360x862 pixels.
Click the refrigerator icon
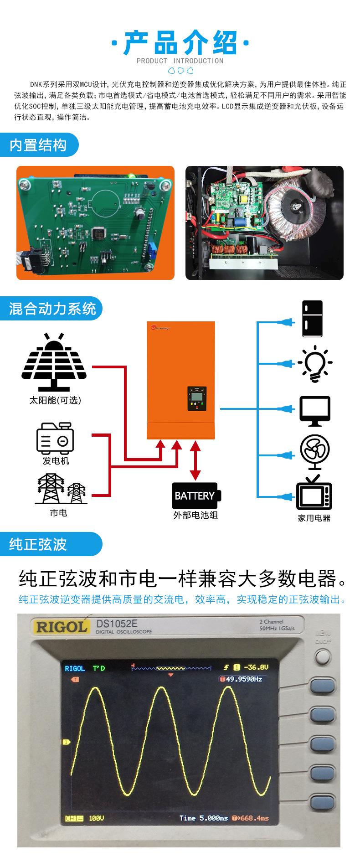pyautogui.click(x=312, y=319)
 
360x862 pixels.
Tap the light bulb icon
pyautogui.click(x=315, y=364)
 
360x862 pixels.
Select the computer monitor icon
pyautogui.click(x=315, y=410)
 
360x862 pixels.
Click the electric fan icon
pyautogui.click(x=315, y=452)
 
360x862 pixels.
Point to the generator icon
pyautogui.click(x=55, y=437)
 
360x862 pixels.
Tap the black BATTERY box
pyautogui.click(x=195, y=496)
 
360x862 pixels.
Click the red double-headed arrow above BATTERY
pyautogui.click(x=195, y=460)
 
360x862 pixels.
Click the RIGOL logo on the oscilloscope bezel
pyautogui.click(x=61, y=626)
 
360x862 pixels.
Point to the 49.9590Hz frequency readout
pyautogui.click(x=241, y=679)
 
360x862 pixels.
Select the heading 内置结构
pyautogui.click(x=38, y=145)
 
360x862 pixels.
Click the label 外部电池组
pyautogui.click(x=195, y=515)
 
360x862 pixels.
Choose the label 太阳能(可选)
pyautogui.click(x=55, y=400)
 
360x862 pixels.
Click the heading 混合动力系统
pyautogui.click(x=52, y=309)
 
